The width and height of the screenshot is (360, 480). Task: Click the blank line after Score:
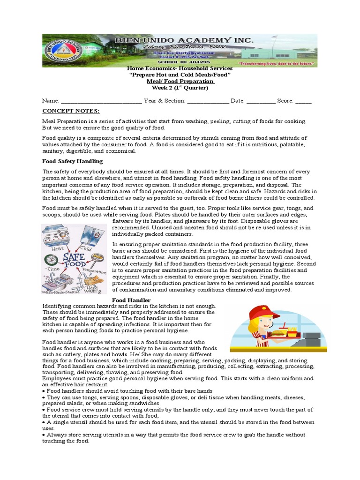[303, 101]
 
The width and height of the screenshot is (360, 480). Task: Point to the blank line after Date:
[261, 101]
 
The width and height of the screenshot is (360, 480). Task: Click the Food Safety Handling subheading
[72, 161]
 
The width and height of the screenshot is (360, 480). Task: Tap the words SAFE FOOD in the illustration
[75, 261]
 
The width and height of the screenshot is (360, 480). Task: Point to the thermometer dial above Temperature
[97, 258]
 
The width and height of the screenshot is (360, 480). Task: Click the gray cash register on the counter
[311, 337]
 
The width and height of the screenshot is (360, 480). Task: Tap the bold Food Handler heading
[132, 300]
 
